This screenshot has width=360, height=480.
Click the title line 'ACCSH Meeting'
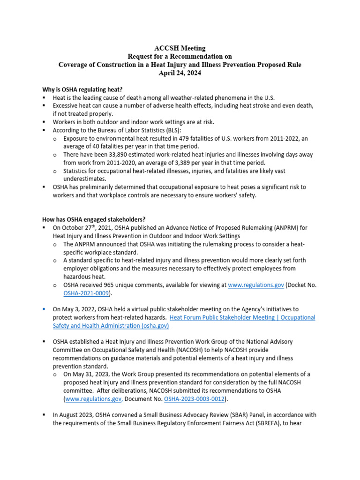(x=180, y=48)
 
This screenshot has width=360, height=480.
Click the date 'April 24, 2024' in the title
(x=180, y=73)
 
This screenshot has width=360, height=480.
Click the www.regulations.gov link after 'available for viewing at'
(x=256, y=285)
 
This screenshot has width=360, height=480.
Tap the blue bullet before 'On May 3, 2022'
(x=44, y=309)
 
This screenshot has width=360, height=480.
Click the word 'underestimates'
(x=85, y=179)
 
